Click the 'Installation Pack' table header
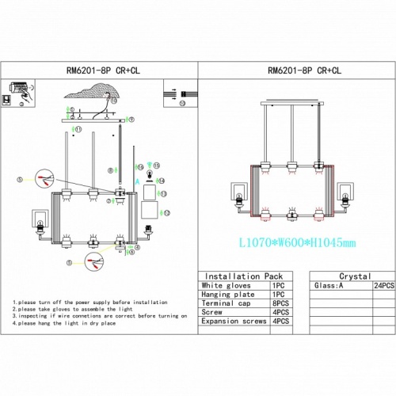click(235, 277)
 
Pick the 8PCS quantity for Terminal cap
click(280, 303)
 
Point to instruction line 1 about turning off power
click(90, 303)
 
